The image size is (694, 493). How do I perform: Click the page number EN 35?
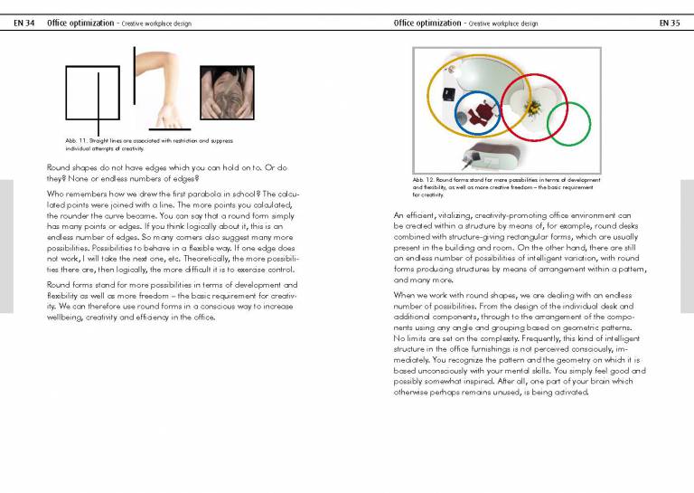[x=669, y=23]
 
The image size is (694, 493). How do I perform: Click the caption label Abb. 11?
[x=75, y=141]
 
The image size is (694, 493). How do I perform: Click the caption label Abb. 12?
[x=422, y=180]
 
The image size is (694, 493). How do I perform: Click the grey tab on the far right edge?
[x=687, y=244]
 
